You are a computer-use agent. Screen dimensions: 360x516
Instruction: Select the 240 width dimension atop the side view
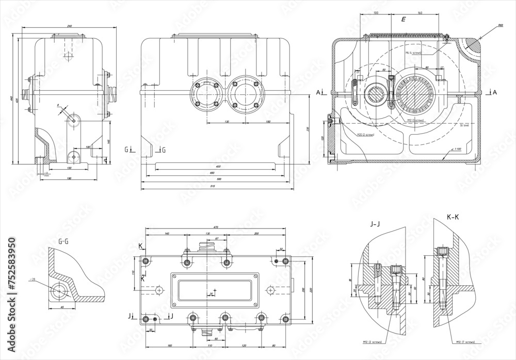pyautogui.click(x=69, y=26)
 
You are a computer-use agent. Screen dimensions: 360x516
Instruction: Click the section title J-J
pyautogui.click(x=376, y=224)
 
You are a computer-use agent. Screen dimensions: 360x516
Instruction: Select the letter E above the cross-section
pyautogui.click(x=404, y=19)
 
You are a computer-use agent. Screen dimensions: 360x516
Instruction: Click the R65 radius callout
pyautogui.click(x=500, y=25)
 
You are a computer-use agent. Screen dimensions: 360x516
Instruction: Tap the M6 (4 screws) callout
pyautogui.click(x=414, y=53)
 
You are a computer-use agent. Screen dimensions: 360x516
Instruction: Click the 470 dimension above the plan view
pyautogui.click(x=216, y=227)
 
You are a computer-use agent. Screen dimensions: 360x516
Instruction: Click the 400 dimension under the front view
pyautogui.click(x=218, y=167)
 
